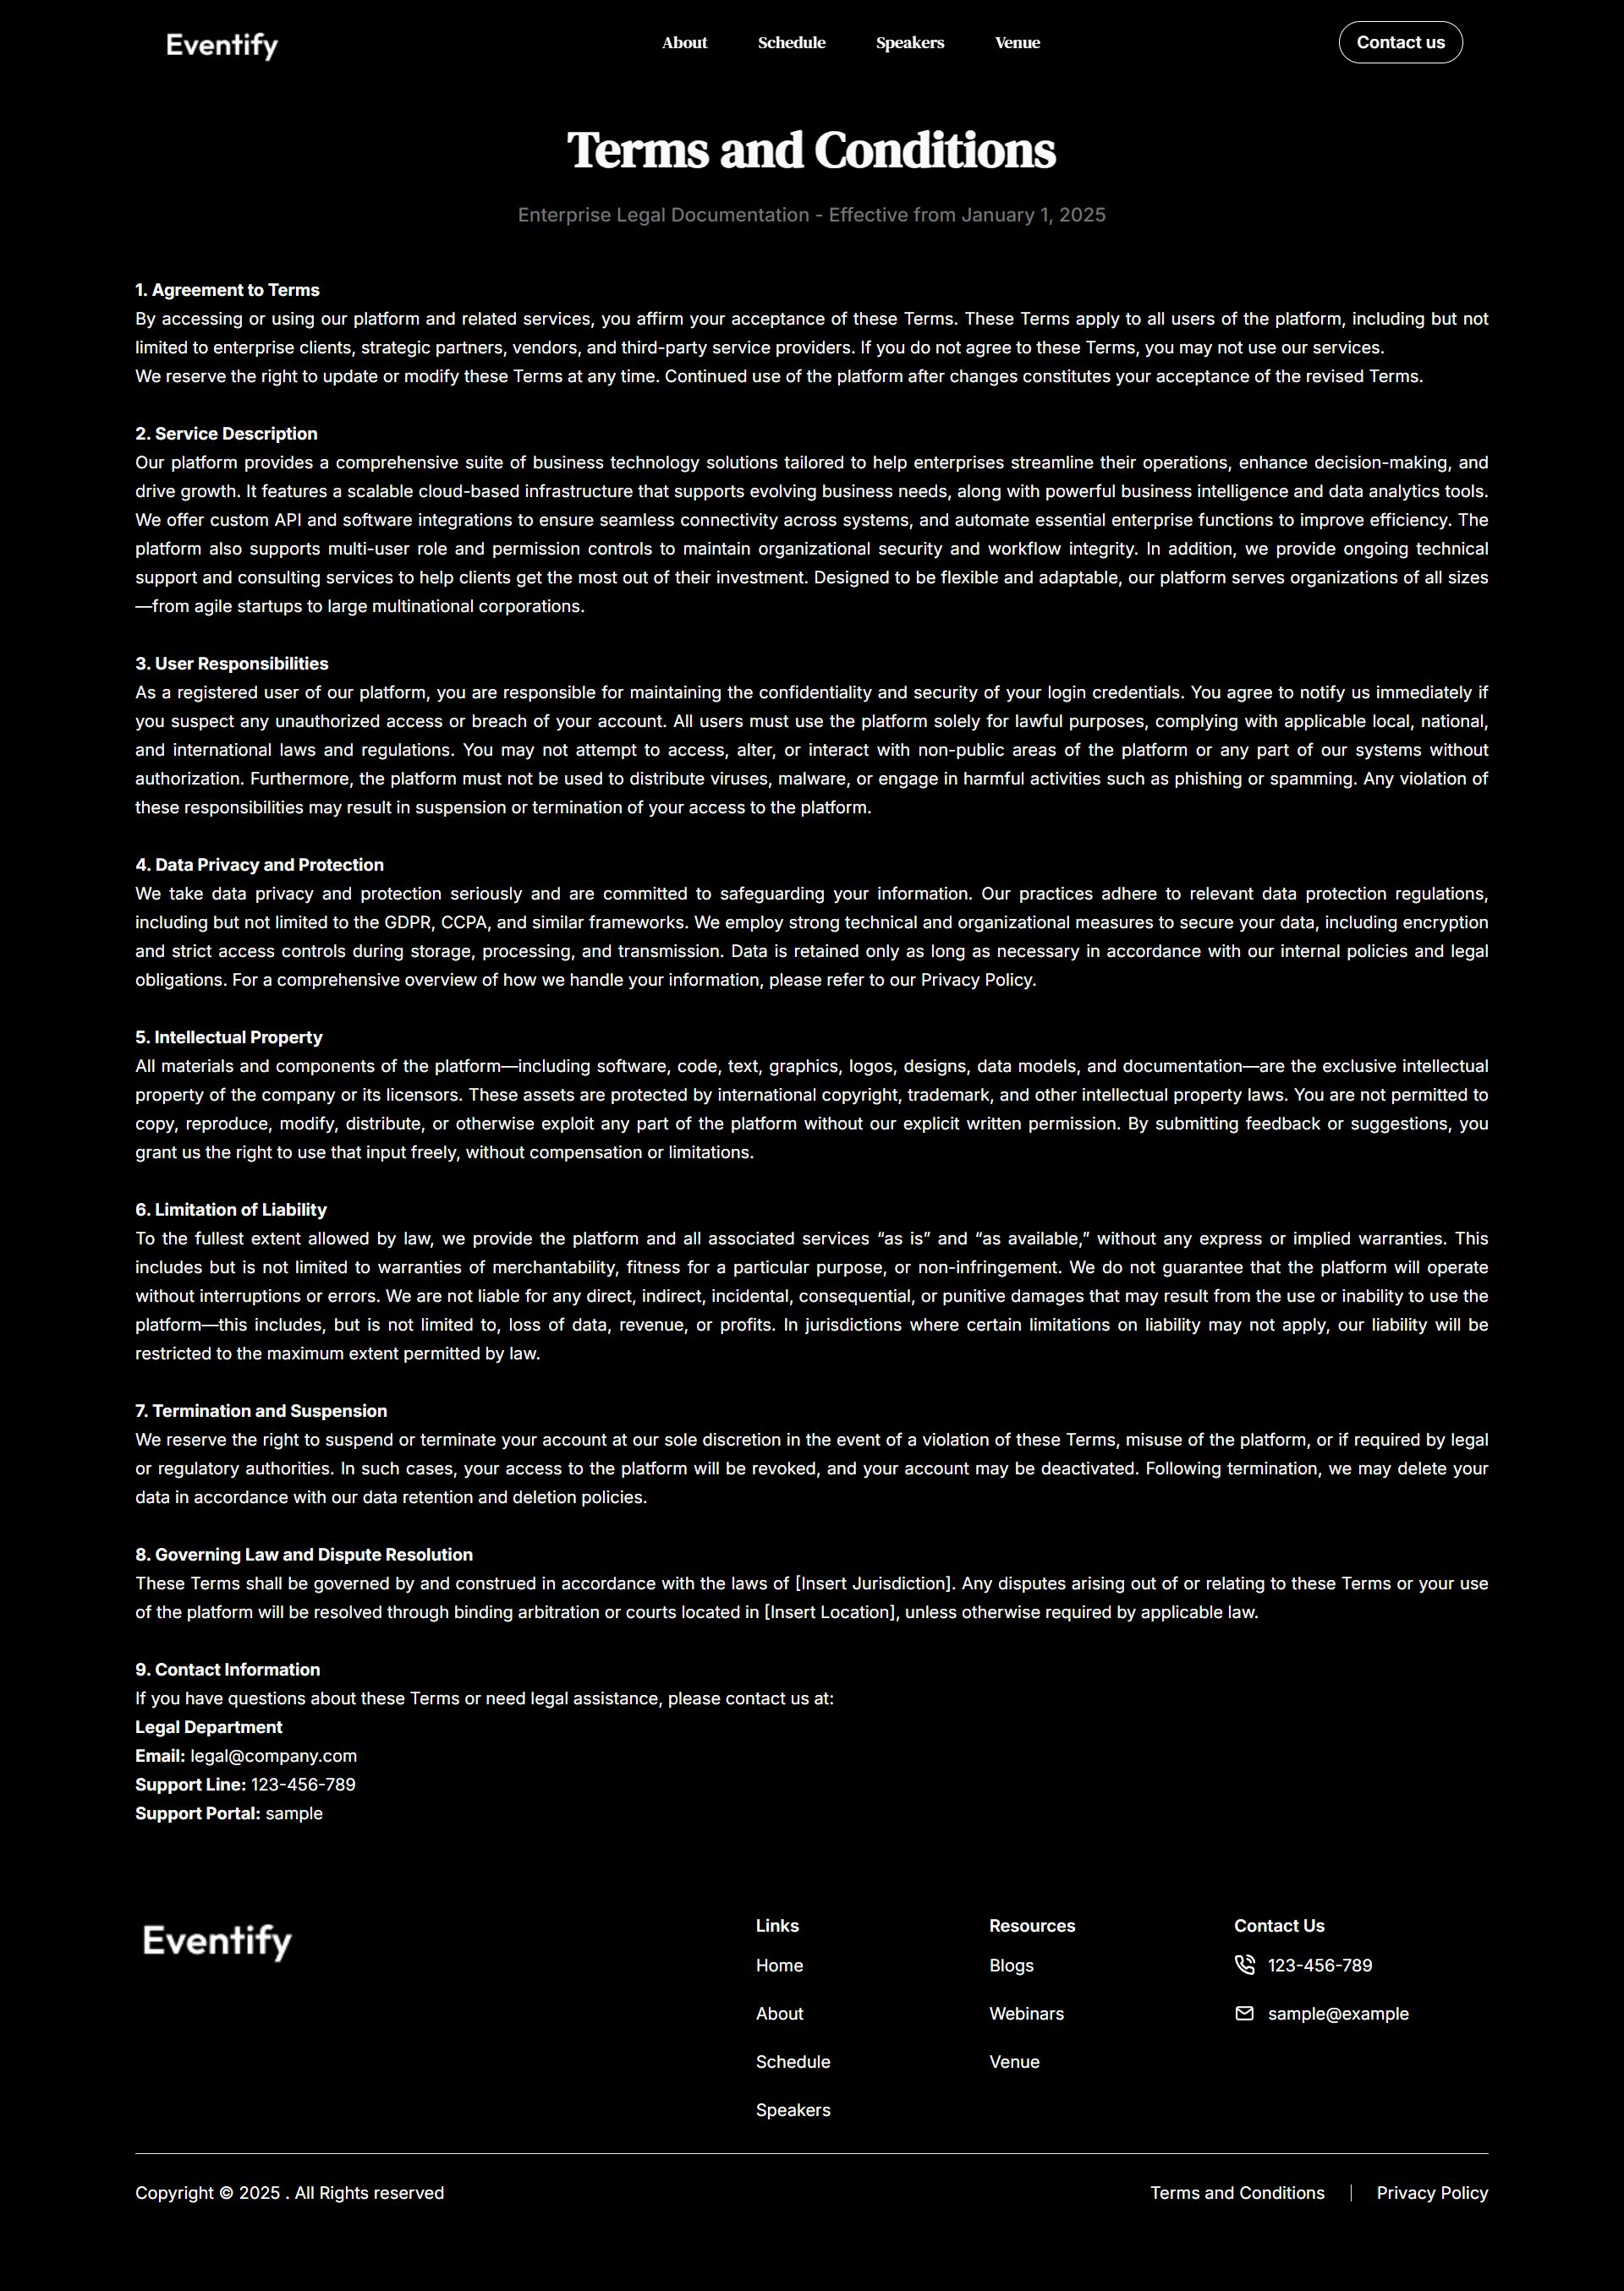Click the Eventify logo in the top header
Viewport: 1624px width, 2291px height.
click(222, 45)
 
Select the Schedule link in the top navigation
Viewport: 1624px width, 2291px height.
click(791, 43)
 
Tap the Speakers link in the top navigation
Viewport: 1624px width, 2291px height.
click(909, 43)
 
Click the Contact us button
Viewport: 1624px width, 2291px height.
click(1399, 43)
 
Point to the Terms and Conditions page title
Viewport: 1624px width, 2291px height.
click(811, 151)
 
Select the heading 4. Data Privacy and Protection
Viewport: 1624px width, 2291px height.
click(259, 865)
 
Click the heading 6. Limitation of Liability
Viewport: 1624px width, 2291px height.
click(231, 1210)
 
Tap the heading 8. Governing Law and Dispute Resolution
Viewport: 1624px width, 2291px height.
click(304, 1555)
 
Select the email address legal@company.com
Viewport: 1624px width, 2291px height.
click(273, 1756)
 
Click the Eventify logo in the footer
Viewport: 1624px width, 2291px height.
click(217, 1940)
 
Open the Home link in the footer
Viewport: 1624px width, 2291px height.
click(779, 1966)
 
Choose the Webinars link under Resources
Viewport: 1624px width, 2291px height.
click(1026, 2013)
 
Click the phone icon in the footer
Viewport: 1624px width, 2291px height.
click(1244, 1966)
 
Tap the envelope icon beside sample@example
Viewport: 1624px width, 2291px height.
click(1244, 2013)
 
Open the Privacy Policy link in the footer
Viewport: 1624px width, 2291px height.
click(1431, 2193)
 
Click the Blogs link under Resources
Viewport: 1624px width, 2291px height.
click(1011, 1966)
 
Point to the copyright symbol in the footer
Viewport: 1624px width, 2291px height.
click(226, 2193)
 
